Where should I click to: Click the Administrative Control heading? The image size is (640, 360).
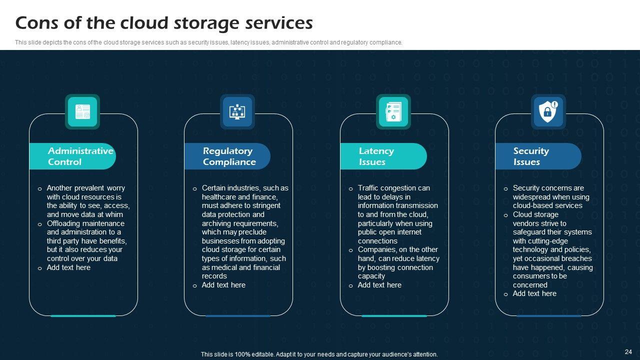(80, 156)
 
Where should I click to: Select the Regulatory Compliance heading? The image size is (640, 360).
(229, 156)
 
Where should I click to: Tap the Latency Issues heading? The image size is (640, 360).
(376, 156)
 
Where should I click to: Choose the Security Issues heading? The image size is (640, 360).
(530, 156)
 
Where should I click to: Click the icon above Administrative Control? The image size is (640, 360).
(82, 111)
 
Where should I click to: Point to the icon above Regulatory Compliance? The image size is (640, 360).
(237, 111)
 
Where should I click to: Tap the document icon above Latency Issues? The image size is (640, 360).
(393, 111)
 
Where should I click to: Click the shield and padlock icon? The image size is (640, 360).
(548, 111)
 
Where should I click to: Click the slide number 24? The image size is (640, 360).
(628, 351)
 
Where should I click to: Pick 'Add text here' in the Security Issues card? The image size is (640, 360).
(534, 293)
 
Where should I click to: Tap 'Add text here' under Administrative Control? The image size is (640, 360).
(68, 267)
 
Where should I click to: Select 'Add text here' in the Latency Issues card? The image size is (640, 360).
(379, 285)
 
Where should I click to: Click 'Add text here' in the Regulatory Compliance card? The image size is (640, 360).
(223, 285)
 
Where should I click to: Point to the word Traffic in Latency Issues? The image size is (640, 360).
(369, 188)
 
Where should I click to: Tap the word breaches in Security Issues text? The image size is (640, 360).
(577, 258)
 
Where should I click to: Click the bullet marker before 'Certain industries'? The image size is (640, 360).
(194, 189)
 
